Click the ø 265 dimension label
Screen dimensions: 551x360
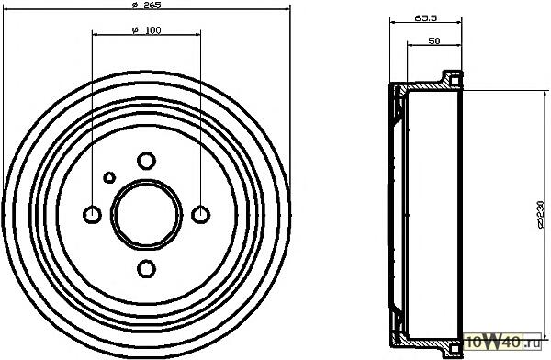pos(146,5)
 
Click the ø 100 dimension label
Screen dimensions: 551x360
pos(147,30)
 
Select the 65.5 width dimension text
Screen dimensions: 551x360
pos(425,18)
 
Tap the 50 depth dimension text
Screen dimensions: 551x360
pos(434,40)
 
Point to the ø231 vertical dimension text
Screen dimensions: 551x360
pos(541,215)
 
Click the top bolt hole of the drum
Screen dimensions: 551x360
pos(146,161)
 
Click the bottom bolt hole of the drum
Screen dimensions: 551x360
pos(146,269)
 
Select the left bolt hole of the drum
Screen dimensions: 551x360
pos(92,215)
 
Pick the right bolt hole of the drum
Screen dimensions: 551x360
pos(200,215)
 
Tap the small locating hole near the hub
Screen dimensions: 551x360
pos(109,177)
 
